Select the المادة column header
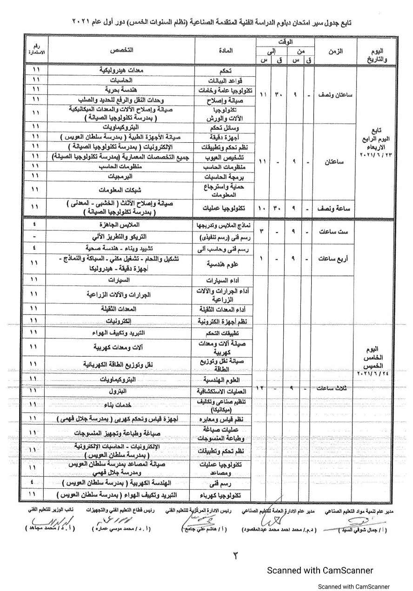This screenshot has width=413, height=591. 225,50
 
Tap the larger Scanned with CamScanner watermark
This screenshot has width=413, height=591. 320,570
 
